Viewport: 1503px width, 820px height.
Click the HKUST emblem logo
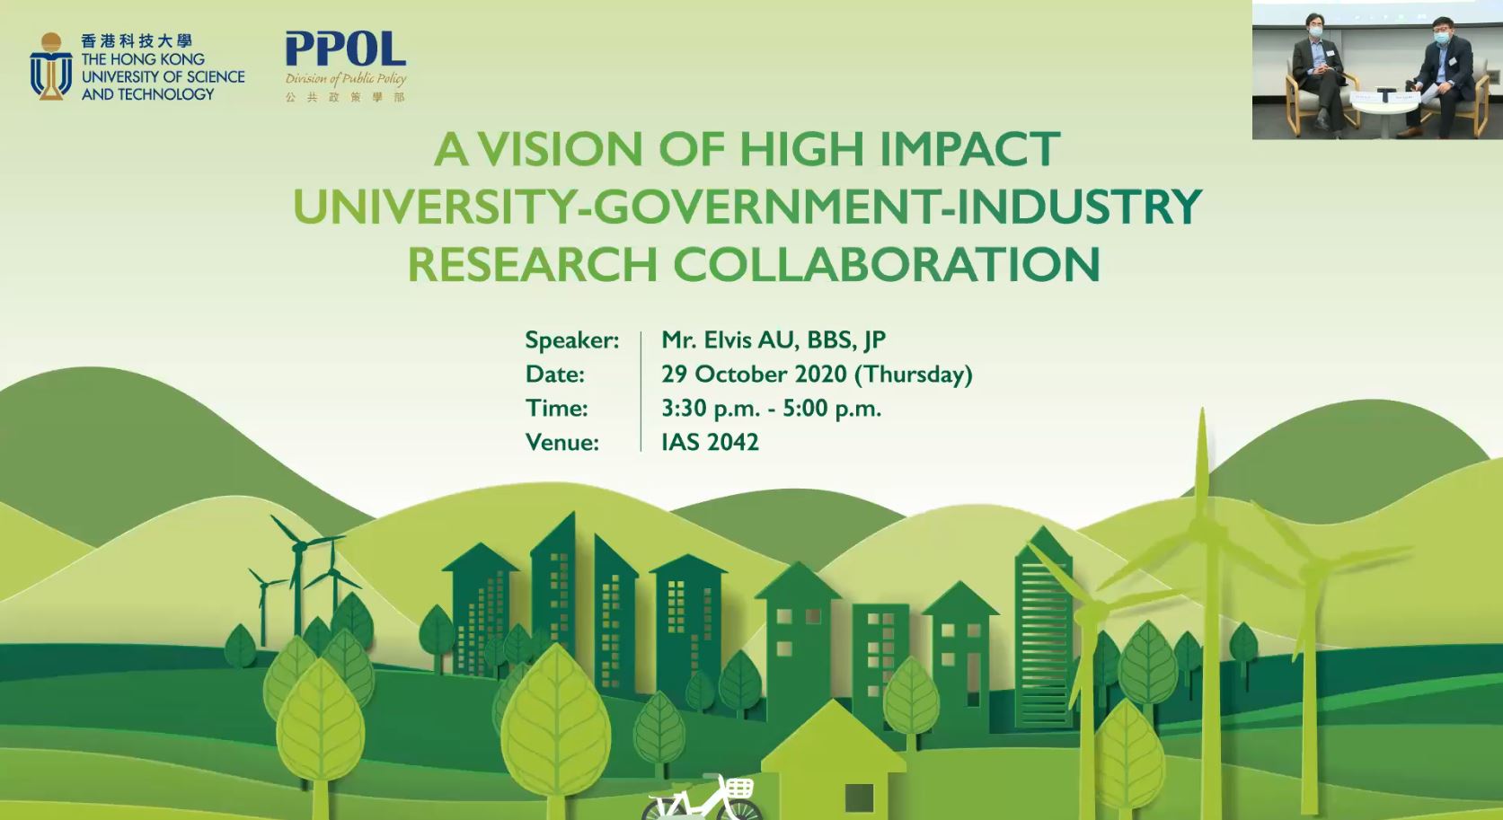(x=51, y=67)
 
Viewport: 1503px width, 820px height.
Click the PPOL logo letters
(x=346, y=49)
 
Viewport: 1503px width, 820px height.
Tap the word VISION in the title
(x=567, y=149)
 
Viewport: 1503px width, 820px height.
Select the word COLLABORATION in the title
(x=887, y=264)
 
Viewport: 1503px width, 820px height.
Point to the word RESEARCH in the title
(x=533, y=264)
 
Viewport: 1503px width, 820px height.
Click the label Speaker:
(x=571, y=340)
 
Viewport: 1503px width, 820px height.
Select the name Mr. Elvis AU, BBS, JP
(x=774, y=340)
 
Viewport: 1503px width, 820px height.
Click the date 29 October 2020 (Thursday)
(x=817, y=375)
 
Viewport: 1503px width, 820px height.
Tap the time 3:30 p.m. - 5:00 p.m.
(x=771, y=409)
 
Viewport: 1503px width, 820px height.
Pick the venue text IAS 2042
(x=710, y=442)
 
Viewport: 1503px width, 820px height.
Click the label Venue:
(x=561, y=442)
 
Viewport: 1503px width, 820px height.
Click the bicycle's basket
(x=738, y=787)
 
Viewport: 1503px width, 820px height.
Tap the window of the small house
(x=859, y=798)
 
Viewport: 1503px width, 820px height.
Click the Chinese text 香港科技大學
(x=137, y=41)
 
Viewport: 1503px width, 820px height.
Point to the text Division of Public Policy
(x=346, y=78)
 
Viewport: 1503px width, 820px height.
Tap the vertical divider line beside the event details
(x=641, y=392)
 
